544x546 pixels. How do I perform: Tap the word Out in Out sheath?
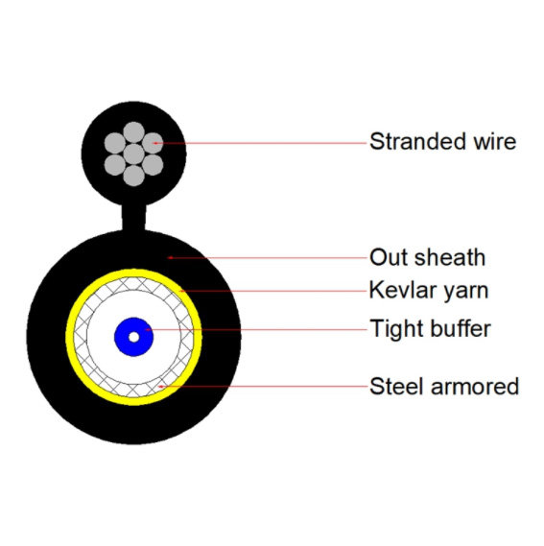pos(389,257)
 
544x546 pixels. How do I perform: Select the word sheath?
pos(450,257)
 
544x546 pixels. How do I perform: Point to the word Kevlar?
pos(403,290)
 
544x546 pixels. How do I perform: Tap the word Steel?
pos(396,386)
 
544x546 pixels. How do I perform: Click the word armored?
pos(475,386)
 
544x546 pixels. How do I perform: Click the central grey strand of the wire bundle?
pos(133,154)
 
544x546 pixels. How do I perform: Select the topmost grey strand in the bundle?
pos(133,132)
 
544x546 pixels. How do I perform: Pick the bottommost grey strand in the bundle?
pos(133,176)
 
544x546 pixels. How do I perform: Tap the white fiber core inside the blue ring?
pos(133,337)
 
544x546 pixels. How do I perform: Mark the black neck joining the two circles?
pos(133,218)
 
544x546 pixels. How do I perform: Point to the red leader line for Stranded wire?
pos(261,143)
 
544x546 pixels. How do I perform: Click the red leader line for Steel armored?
pos(263,386)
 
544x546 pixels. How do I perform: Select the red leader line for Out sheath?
pos(268,258)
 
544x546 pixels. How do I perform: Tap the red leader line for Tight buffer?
pos(256,329)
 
